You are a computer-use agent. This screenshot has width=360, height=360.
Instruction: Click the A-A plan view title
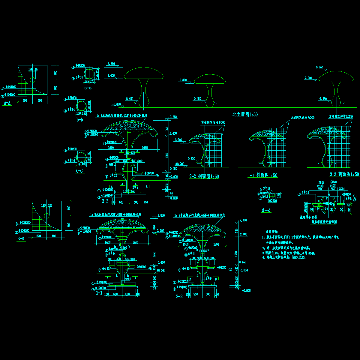(7, 103)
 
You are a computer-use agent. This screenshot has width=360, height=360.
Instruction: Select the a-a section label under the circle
(88, 88)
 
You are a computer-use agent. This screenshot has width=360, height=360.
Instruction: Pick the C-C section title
(79, 171)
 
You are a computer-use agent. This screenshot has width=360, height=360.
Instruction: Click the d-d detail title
(266, 210)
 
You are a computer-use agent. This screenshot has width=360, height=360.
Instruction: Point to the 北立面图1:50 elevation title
(245, 114)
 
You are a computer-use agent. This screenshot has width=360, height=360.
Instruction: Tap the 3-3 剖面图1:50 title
(344, 174)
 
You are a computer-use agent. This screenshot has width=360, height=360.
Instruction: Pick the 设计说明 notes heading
(272, 232)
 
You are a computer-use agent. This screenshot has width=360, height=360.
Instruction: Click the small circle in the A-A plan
(33, 80)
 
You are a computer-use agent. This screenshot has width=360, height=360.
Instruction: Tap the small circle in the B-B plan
(46, 215)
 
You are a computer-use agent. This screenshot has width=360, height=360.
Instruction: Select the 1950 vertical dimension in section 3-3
(167, 155)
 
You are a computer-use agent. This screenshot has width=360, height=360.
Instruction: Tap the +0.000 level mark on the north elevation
(116, 104)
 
